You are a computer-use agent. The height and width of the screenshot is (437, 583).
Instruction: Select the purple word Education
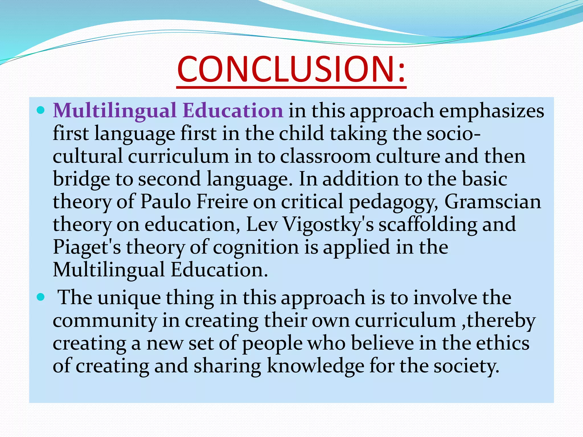tap(233, 111)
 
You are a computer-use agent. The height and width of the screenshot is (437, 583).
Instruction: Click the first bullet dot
tap(41, 110)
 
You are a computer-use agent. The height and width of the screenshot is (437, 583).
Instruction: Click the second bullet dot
tap(41, 297)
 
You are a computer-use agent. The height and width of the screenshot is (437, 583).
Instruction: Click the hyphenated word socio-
tap(453, 133)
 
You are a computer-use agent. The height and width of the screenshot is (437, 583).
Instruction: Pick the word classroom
tap(325, 156)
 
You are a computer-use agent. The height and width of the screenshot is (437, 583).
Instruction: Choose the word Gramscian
tap(492, 202)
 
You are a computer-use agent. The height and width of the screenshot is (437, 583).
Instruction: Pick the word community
tap(104, 321)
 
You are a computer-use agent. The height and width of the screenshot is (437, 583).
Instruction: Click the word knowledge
tap(315, 366)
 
